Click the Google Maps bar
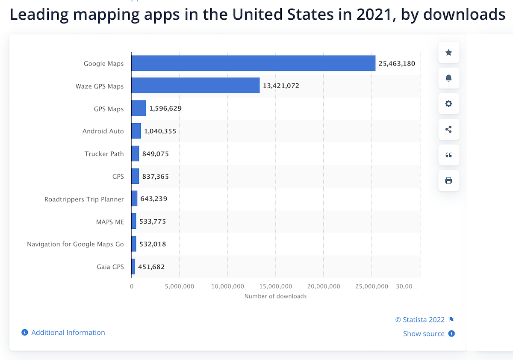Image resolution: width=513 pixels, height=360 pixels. [253, 63]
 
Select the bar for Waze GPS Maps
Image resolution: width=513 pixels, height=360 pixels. [195, 86]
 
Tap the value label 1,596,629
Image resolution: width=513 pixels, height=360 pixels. [165, 109]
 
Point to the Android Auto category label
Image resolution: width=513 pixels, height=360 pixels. [103, 131]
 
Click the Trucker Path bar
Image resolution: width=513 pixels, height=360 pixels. [135, 153]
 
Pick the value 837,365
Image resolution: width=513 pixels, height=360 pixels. [156, 176]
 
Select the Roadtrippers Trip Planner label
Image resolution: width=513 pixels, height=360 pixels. [84, 199]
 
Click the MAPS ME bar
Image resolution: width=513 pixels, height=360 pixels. [134, 221]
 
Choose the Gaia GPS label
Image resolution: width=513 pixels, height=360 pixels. [110, 267]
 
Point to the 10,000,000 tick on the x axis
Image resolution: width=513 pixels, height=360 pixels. [227, 286]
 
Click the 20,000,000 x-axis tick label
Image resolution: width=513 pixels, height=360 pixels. [324, 286]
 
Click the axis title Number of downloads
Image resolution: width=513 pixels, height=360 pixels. [275, 296]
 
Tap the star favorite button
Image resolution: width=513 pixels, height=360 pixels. [448, 53]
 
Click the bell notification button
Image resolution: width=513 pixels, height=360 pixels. [448, 78]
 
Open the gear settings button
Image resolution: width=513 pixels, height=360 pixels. [448, 104]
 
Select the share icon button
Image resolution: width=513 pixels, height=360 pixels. [448, 130]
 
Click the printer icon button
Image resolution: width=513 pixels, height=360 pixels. [448, 180]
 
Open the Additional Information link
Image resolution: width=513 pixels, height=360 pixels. [68, 332]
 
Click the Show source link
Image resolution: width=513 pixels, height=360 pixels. [424, 333]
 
